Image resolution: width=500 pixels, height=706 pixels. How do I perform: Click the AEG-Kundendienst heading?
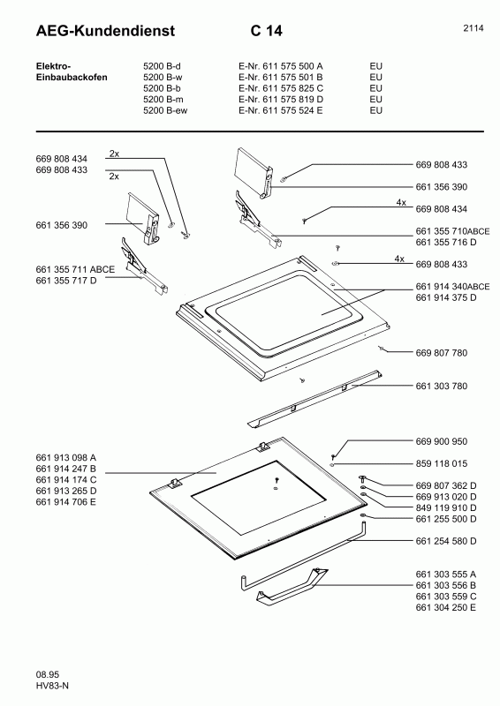105,31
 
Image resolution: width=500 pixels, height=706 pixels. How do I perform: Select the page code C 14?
267,31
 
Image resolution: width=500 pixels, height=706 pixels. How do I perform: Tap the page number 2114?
473,28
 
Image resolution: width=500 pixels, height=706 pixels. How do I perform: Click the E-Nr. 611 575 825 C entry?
280,88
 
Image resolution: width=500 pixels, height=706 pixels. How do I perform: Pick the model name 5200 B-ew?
165,110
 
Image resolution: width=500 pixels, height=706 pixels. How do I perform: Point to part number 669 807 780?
442,353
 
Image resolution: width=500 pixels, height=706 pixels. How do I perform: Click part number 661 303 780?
442,386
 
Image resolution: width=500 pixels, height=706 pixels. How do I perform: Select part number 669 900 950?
442,441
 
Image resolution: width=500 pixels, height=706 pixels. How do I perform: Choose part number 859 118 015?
442,463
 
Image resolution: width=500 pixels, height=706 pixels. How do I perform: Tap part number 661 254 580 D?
446,541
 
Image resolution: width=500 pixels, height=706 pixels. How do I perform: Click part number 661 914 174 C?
66,479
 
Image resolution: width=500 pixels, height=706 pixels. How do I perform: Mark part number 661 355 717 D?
66,281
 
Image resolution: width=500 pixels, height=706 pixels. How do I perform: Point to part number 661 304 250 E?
446,607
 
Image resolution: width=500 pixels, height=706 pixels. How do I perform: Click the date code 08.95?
48,674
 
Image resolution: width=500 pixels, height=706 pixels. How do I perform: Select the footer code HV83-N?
52,686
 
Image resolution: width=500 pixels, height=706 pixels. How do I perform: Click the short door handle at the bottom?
292,585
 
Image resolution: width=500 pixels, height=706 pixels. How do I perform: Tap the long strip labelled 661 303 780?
315,398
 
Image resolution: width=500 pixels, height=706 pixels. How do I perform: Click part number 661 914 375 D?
446,297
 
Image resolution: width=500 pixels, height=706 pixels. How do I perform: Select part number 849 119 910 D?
446,507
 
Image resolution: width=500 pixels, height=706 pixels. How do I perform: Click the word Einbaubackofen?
72,77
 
